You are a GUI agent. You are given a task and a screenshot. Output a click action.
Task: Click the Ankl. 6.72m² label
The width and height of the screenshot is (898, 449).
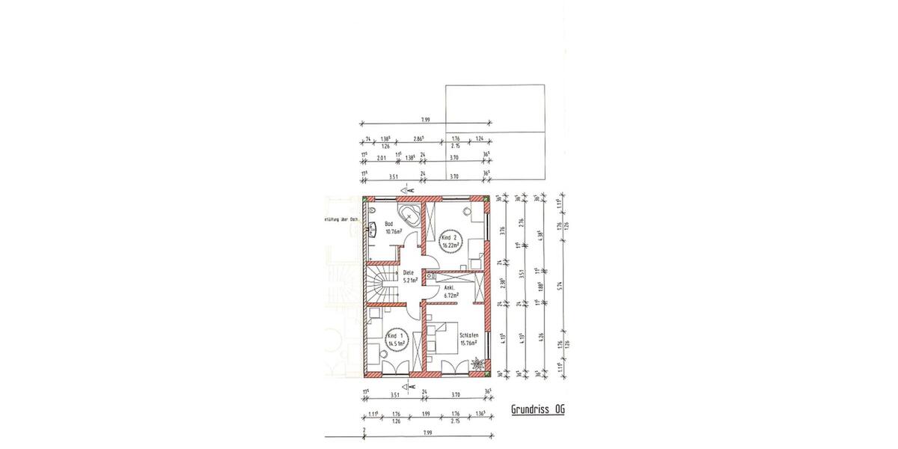tap(450, 292)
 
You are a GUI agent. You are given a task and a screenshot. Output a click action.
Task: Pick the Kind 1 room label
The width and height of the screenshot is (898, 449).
tap(396, 341)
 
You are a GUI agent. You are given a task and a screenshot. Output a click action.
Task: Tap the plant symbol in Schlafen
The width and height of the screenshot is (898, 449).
tap(477, 365)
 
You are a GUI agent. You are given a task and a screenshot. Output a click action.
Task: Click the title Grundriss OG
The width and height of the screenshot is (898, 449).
tap(537, 409)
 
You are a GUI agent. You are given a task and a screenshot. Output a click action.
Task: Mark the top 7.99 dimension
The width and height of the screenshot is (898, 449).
tap(425, 120)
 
